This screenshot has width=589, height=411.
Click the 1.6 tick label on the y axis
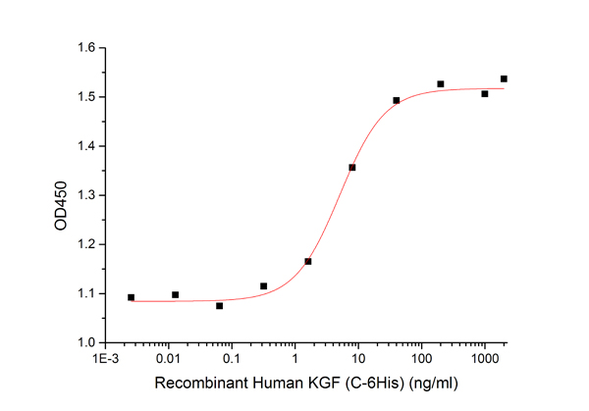tap(85, 48)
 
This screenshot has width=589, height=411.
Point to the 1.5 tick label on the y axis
tap(85, 97)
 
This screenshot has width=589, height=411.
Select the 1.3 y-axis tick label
tap(85, 195)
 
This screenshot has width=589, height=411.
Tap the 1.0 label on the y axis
tap(85, 342)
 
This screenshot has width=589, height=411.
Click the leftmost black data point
tap(131, 297)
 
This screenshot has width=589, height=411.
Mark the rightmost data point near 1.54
tap(504, 78)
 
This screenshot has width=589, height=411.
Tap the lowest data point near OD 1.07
tap(219, 306)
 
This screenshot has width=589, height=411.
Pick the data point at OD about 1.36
tap(352, 168)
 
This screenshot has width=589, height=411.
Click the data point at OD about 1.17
tap(308, 262)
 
